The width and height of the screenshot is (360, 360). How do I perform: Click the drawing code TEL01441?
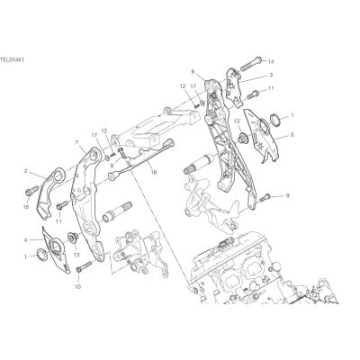[x=12, y=59]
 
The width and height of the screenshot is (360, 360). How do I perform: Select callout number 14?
[x=271, y=62]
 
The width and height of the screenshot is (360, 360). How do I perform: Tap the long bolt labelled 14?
[x=249, y=63]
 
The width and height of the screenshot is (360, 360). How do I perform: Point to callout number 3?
[x=271, y=76]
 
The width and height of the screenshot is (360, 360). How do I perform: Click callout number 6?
[x=193, y=71]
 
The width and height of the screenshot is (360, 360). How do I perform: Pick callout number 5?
[x=292, y=135]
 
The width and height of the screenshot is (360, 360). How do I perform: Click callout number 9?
[x=287, y=196]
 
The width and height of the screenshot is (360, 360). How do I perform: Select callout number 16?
[x=154, y=173]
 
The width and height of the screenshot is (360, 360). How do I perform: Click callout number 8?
[x=112, y=165]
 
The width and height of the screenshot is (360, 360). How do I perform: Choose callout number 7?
[x=76, y=141]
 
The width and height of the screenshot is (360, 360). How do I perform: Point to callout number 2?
[x=26, y=171]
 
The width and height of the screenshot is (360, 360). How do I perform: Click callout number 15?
[x=26, y=207]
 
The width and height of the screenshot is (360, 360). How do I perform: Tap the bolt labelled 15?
[x=31, y=190]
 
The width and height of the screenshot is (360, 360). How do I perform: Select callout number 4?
[x=26, y=239]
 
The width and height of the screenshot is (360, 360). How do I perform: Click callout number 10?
[x=77, y=286]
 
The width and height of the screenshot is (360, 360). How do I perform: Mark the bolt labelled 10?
[x=84, y=266]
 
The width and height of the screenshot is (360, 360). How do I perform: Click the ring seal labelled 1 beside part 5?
[x=275, y=119]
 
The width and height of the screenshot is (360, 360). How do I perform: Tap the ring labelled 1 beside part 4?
[x=41, y=255]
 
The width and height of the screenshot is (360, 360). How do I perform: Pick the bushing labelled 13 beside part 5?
[x=242, y=138]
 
